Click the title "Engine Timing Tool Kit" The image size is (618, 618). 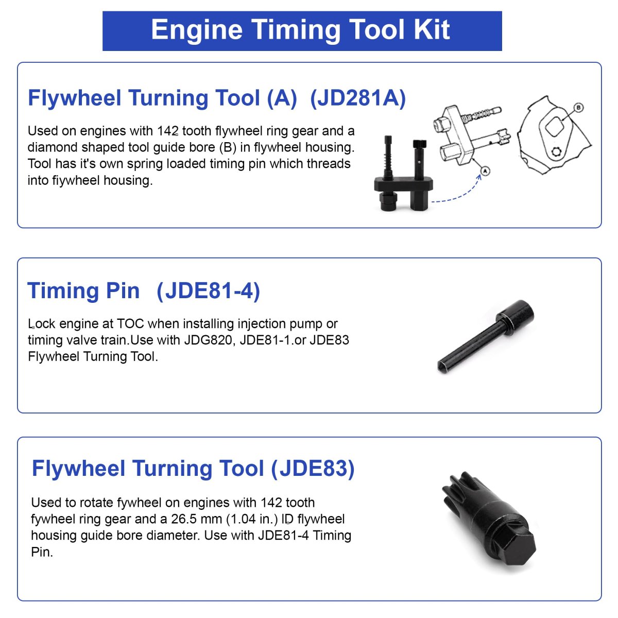[300, 30]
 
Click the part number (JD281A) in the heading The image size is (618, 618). [357, 98]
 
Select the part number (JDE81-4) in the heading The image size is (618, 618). [208, 290]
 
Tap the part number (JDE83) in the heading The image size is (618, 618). [313, 468]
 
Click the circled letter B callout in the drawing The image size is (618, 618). [578, 108]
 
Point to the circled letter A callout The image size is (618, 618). [485, 171]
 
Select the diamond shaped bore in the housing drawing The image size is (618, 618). [555, 127]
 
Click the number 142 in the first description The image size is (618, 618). [168, 131]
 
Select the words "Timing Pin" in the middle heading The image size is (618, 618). [83, 290]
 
